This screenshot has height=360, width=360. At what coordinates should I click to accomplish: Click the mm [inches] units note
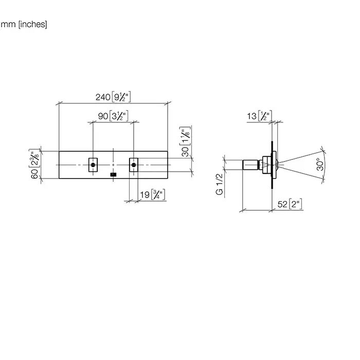(24, 24)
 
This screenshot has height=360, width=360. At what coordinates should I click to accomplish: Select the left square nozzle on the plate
(93, 165)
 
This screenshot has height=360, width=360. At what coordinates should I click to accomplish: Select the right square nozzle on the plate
(134, 165)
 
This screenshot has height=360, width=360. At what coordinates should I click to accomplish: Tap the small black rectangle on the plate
(114, 175)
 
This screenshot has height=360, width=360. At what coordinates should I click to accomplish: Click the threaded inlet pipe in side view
(251, 165)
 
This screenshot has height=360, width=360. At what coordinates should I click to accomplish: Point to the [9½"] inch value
(122, 96)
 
